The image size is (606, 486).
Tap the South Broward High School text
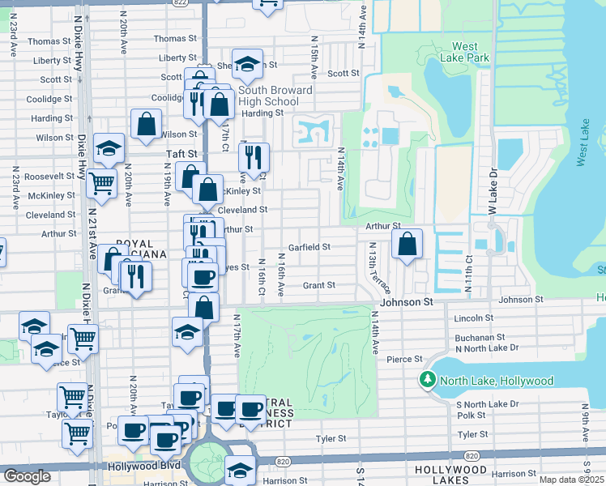268,96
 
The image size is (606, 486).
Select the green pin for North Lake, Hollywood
427,380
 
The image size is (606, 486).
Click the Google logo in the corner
27,476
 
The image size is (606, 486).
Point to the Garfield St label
309,247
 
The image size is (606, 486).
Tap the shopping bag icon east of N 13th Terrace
407,243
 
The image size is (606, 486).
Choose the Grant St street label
319,285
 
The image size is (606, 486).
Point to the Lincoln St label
473,318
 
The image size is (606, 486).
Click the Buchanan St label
480,336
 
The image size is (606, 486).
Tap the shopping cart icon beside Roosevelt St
100,184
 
